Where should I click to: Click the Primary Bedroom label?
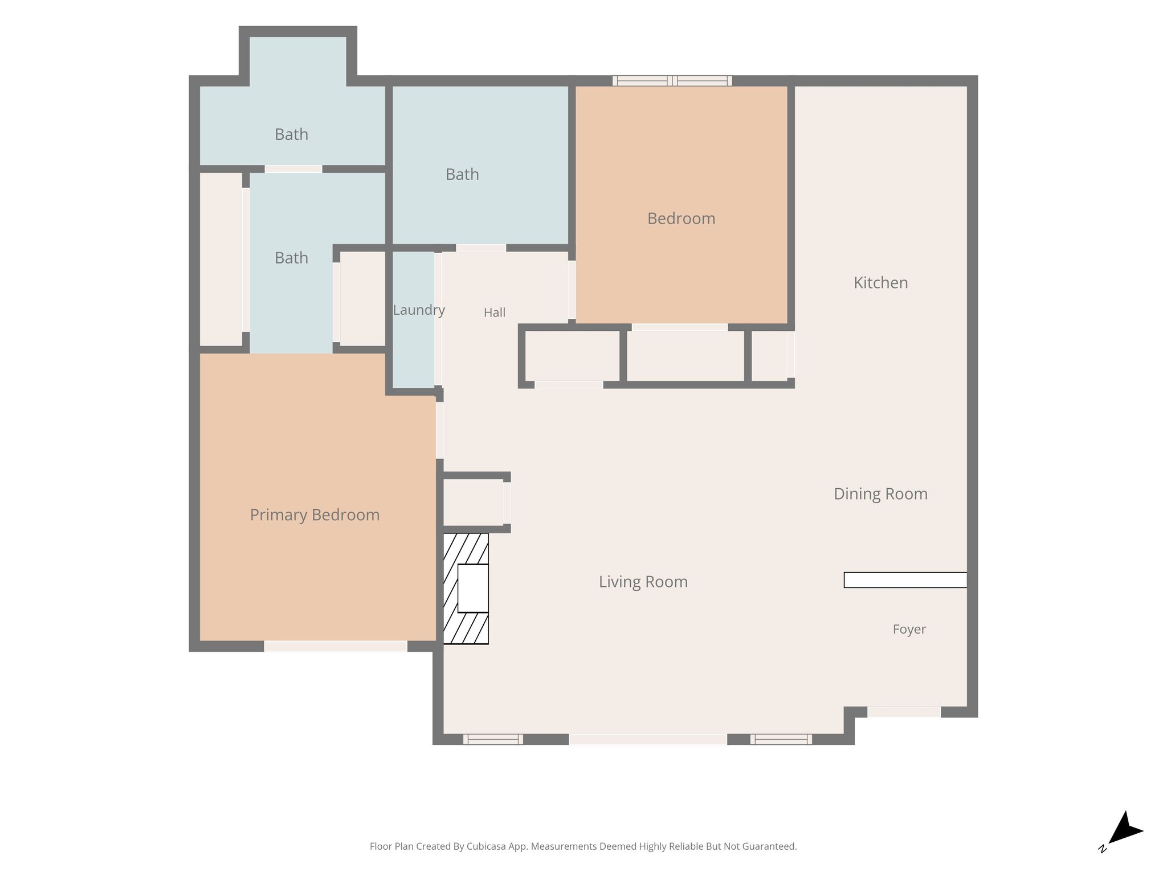tap(315, 515)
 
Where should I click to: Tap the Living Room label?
tap(643, 582)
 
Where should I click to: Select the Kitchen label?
tap(880, 283)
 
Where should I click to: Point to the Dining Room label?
tap(880, 494)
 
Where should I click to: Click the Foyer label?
tap(909, 629)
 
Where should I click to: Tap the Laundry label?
tap(419, 310)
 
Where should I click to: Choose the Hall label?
tap(495, 313)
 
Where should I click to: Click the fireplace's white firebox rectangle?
tap(473, 589)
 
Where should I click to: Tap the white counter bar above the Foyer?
tap(905, 580)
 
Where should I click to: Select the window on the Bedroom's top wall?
tap(672, 81)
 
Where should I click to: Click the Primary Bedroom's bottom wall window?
tap(336, 646)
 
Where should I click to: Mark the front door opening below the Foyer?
tap(904, 712)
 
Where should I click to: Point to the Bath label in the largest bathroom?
tap(462, 175)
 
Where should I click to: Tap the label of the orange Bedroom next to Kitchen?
tap(681, 218)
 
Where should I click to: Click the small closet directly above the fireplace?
tap(474, 502)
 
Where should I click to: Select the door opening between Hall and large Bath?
tap(481, 248)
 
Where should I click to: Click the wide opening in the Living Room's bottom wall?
tap(648, 739)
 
